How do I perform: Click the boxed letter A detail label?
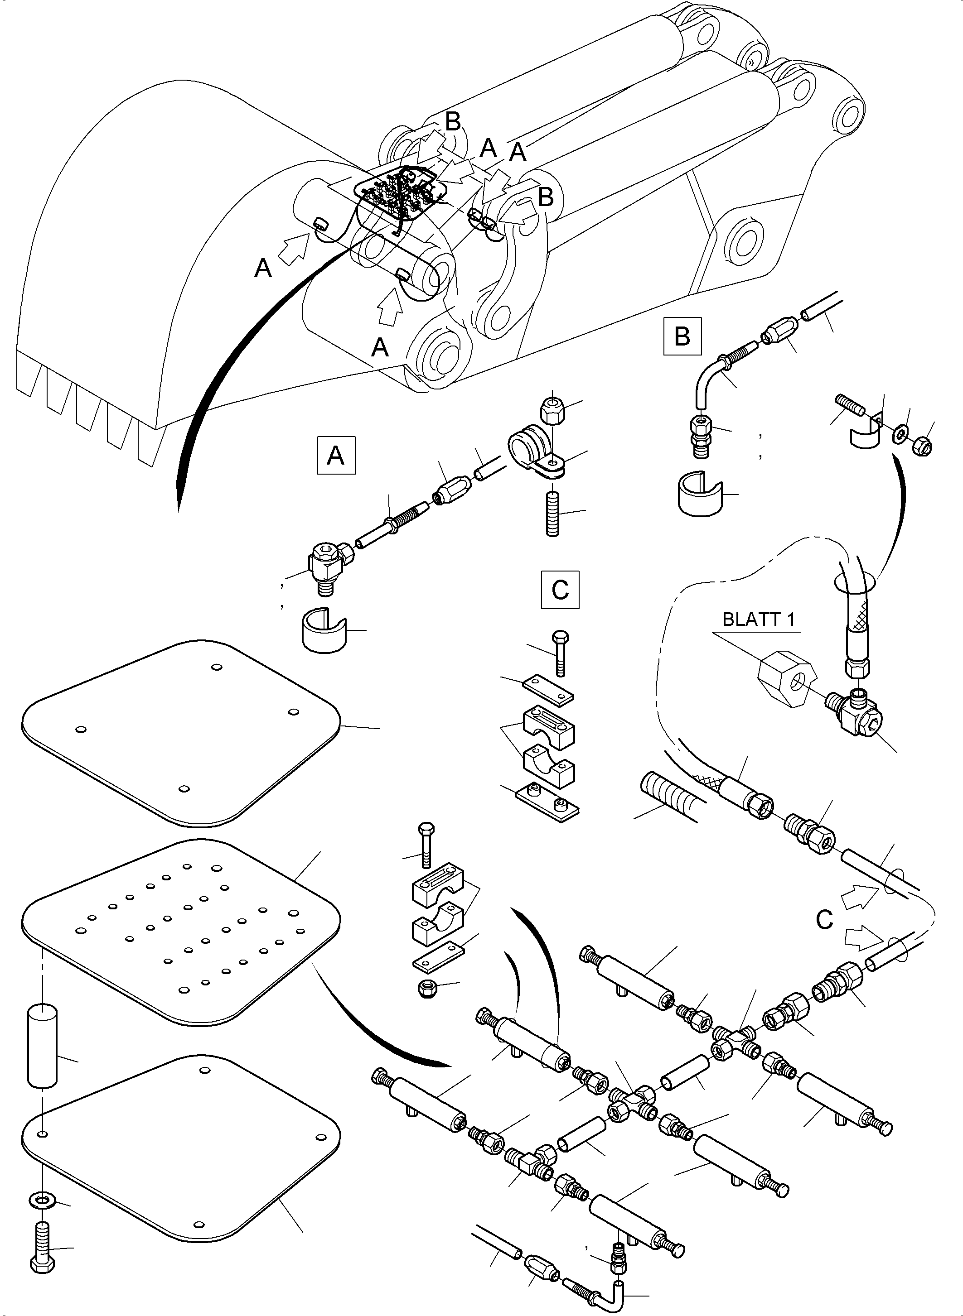point(336,455)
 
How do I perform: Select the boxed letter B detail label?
point(682,336)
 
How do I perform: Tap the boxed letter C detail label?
point(560,590)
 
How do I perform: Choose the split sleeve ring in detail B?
point(700,495)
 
